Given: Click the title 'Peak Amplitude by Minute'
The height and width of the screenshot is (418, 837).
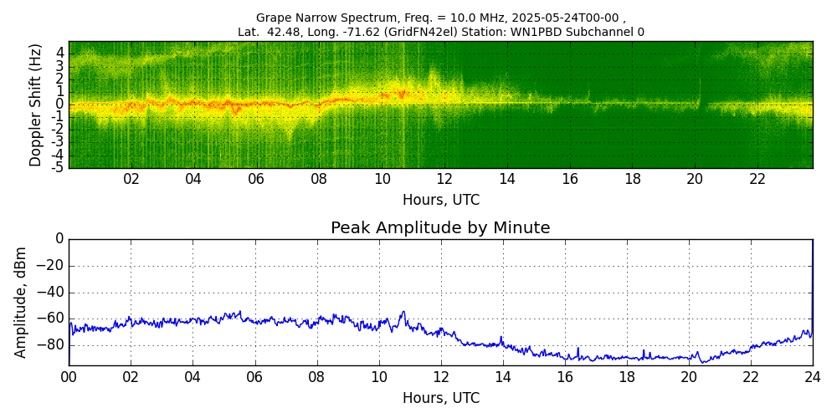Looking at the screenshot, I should tap(440, 228).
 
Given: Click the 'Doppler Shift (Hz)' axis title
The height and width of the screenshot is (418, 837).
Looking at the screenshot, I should tap(35, 104).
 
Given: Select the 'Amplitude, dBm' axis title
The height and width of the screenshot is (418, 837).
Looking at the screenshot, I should tap(22, 302).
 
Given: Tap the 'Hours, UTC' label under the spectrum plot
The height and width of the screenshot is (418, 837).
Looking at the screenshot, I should tap(441, 200).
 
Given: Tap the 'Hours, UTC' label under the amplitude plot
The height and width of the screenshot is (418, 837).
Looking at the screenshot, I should tap(441, 398).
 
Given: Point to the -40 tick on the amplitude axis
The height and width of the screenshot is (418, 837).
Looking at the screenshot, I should tap(51, 293).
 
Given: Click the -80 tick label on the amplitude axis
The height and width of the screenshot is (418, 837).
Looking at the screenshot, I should tap(51, 345).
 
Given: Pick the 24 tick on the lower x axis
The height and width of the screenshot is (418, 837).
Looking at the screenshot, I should tap(813, 377).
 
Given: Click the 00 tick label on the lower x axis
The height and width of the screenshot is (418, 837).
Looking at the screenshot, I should tap(69, 377).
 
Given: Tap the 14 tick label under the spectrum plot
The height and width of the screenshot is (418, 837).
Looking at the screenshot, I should tap(507, 179).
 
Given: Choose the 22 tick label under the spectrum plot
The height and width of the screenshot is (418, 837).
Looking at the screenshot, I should tap(757, 179).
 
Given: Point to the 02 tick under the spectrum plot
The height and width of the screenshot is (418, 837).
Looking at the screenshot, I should tap(131, 179).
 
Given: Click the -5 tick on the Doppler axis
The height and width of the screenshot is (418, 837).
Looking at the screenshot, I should tap(58, 167).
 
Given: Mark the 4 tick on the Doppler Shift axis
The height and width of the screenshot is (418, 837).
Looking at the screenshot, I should tap(60, 52).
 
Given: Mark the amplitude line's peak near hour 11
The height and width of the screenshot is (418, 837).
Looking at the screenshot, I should tap(403, 312).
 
